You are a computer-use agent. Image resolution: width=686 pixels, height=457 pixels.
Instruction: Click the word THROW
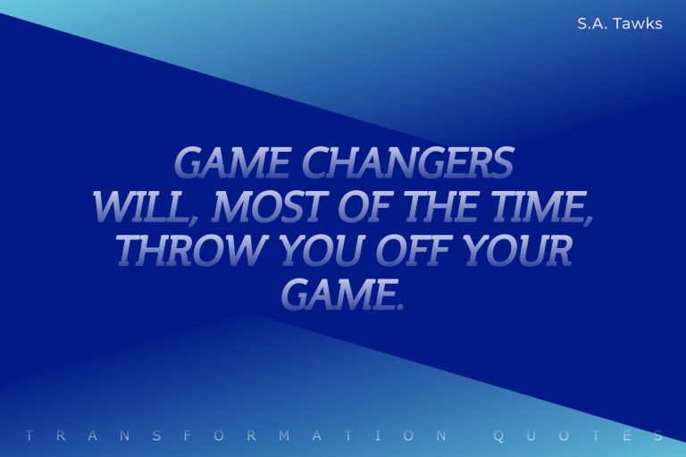(193, 251)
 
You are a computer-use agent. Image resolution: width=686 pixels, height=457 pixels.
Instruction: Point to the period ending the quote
(399, 306)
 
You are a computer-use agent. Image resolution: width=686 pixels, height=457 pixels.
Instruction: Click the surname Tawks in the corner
(640, 24)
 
